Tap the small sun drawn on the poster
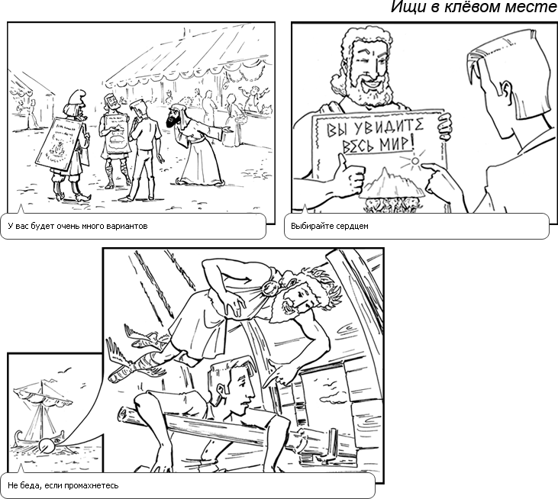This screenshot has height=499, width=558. coord(414,161)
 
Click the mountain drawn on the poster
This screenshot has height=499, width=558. coord(392,183)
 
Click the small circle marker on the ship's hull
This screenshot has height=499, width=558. coord(45,445)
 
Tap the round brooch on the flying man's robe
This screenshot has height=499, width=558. coord(269,288)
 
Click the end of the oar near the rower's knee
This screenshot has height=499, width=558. coord(124,414)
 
